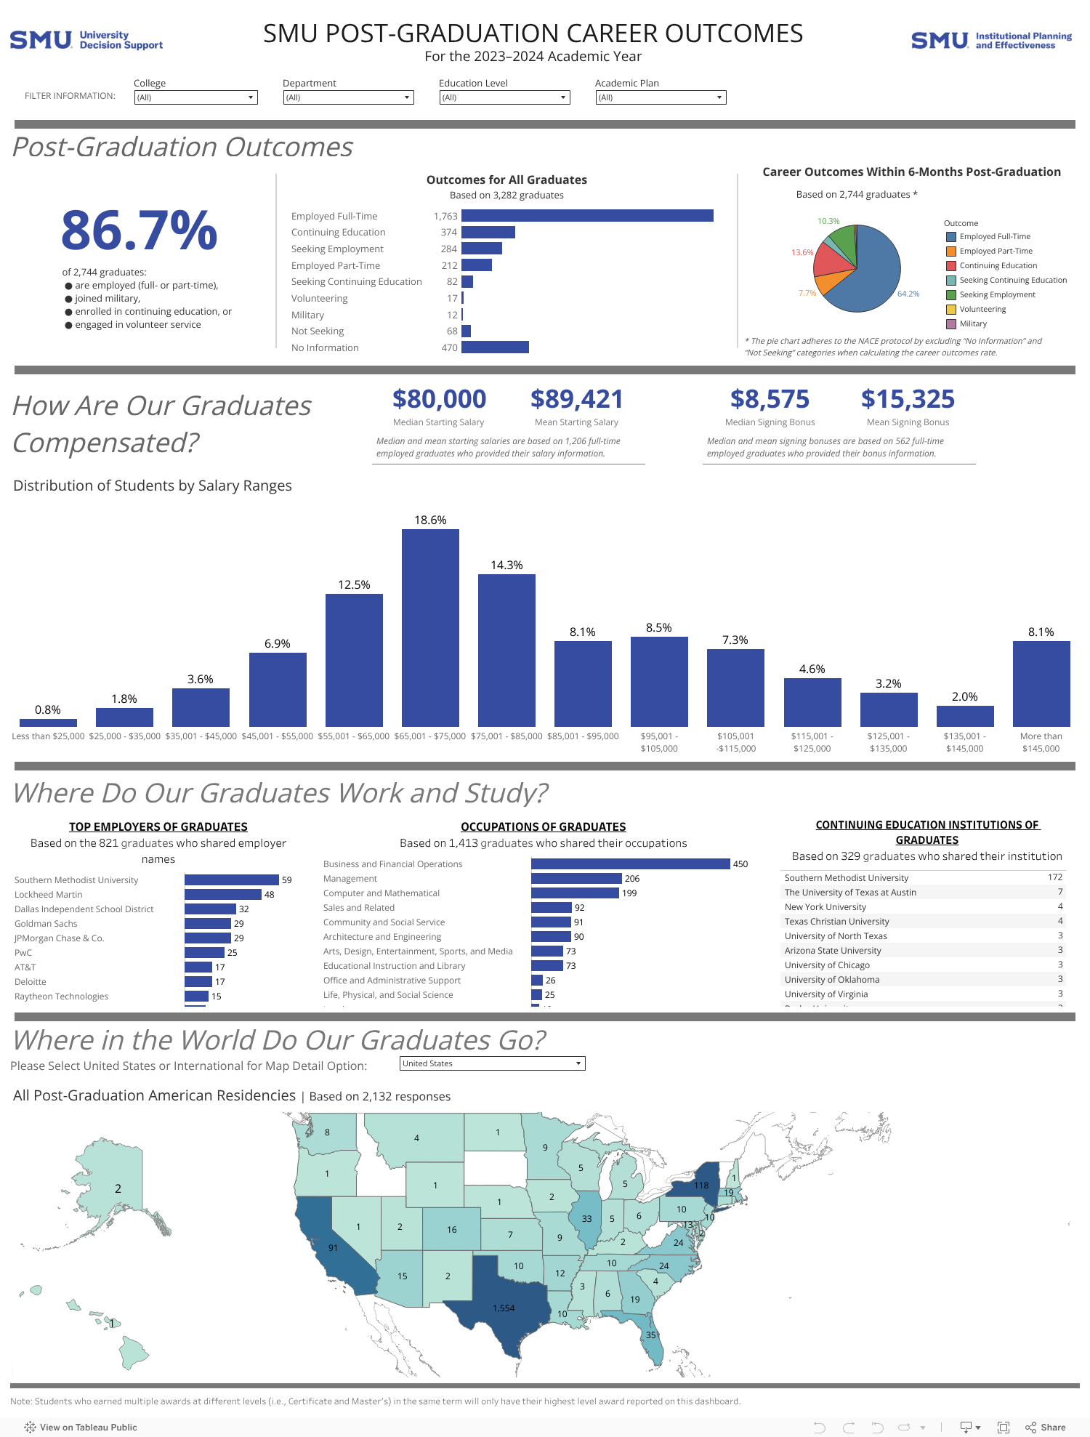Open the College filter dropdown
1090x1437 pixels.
click(x=195, y=97)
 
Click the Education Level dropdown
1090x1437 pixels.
click(x=504, y=97)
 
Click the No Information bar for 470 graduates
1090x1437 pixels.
click(x=495, y=347)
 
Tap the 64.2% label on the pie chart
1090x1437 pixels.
click(x=908, y=294)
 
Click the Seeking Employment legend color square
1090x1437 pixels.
click(x=950, y=294)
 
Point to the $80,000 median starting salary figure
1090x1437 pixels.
click(x=439, y=399)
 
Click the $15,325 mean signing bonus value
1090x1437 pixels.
click(x=908, y=399)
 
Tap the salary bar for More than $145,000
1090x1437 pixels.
click(x=1041, y=683)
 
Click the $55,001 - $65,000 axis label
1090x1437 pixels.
click(x=354, y=736)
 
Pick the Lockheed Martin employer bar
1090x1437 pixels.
click(x=223, y=894)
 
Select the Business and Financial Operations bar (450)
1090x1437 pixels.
click(x=630, y=864)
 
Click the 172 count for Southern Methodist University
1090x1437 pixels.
click(x=1054, y=877)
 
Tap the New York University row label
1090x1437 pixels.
click(x=825, y=906)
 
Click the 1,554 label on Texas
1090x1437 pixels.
click(x=504, y=1308)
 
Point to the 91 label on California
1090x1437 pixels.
click(x=333, y=1247)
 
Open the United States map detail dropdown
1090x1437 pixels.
click(x=492, y=1063)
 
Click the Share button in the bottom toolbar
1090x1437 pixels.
click(x=1046, y=1427)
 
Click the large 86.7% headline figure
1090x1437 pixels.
click(x=139, y=230)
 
